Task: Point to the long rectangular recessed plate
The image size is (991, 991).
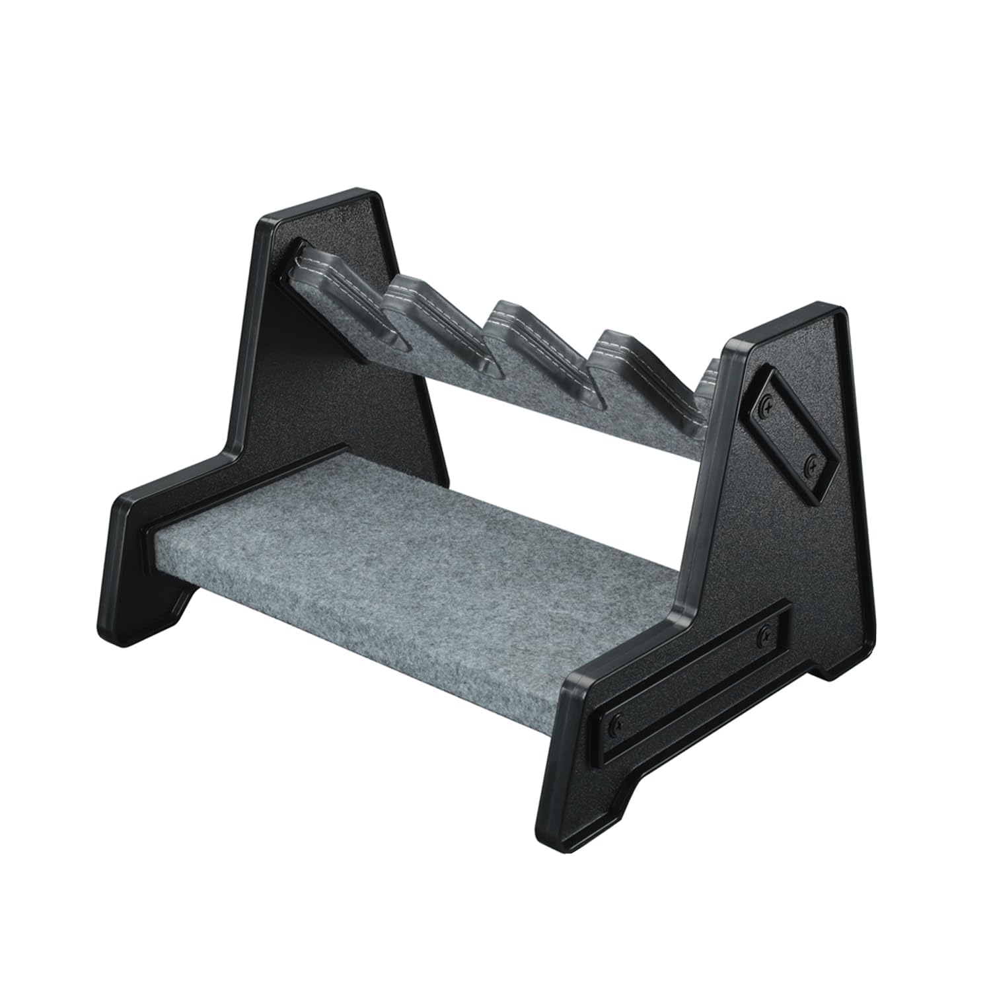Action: [x=690, y=677]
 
